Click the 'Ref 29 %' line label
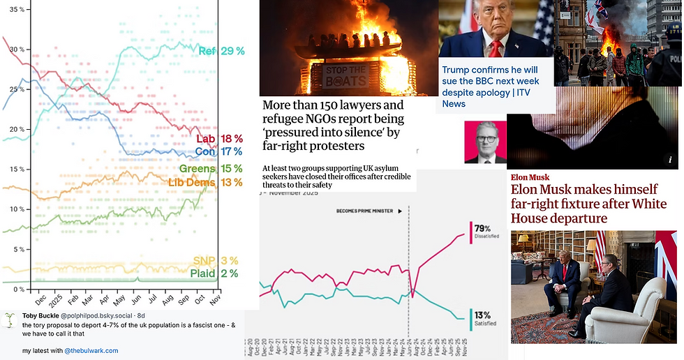[221, 51]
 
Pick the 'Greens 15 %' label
[211, 169]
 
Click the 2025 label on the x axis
[56, 299]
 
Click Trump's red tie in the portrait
[496, 48]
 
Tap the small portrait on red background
[486, 142]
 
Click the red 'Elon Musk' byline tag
[530, 177]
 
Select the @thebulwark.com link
[91, 350]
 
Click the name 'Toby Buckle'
[40, 315]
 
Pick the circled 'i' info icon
[669, 160]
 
